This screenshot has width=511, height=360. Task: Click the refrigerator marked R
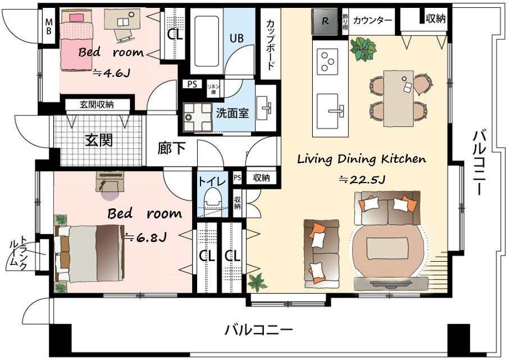pos(325,22)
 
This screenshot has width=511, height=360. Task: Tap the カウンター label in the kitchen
pos(373,20)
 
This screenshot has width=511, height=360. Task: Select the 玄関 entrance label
pos(99,140)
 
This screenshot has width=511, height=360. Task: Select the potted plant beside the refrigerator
pos(362,49)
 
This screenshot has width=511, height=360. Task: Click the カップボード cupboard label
pos(270,45)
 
